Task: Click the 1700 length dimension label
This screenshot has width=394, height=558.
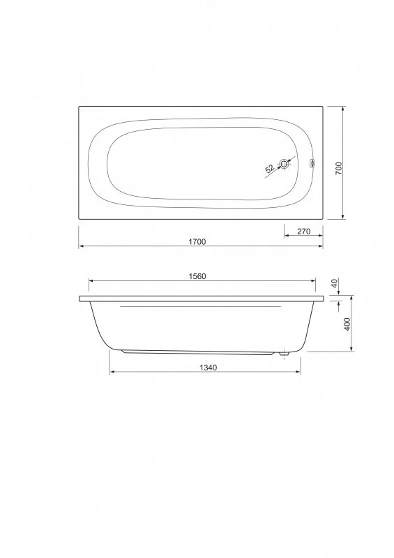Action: [x=197, y=241]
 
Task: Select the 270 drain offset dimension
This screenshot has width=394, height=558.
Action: [x=303, y=232]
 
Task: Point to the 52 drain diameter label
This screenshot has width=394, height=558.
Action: [x=269, y=169]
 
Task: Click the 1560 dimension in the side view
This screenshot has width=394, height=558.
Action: [x=197, y=276]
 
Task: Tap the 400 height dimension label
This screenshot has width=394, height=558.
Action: [x=347, y=324]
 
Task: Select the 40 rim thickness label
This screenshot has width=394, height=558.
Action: [x=335, y=284]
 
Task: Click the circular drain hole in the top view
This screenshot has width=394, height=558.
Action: [x=285, y=165]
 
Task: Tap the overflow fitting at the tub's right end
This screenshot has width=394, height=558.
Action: [x=312, y=165]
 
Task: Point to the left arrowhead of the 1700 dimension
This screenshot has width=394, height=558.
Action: [x=80, y=246]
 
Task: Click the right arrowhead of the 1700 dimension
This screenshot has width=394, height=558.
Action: [x=321, y=246]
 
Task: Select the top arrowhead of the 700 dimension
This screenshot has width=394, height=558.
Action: [x=344, y=109]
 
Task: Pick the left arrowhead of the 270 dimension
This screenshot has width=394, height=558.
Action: [x=286, y=236]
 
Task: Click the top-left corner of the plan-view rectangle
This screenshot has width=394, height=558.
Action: [x=78, y=106]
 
